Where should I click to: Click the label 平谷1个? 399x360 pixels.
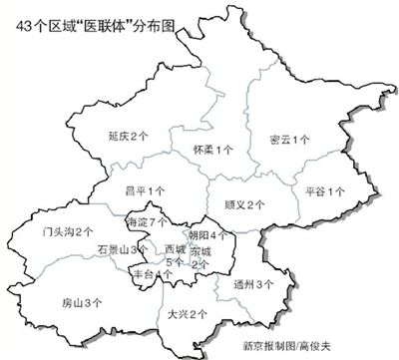point(325,189)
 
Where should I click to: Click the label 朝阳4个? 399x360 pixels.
point(207,234)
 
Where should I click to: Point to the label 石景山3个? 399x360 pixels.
point(125,249)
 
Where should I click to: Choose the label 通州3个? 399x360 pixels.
point(253,284)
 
